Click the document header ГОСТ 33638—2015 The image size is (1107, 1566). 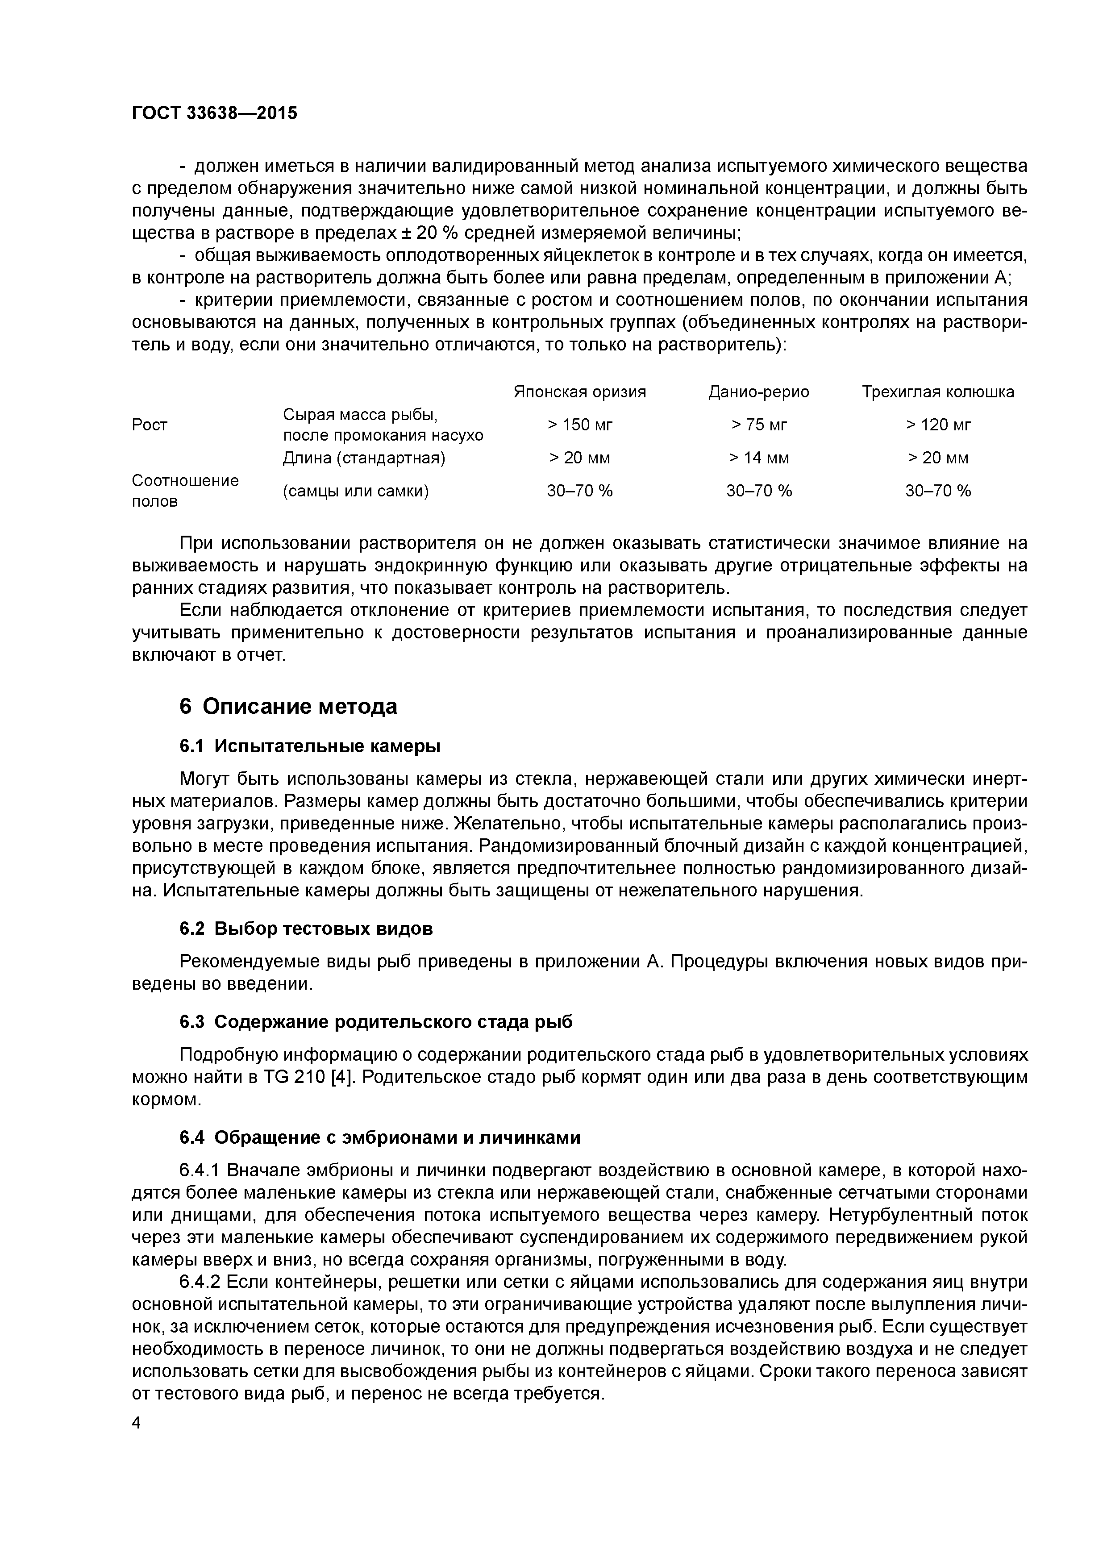point(214,112)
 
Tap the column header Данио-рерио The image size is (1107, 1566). point(758,392)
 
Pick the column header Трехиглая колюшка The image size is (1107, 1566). point(937,392)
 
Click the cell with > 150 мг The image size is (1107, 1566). point(580,425)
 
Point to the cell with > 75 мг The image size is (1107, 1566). point(758,425)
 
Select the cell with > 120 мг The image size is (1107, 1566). point(938,425)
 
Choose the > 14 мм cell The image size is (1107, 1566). point(758,458)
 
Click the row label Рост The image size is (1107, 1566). point(150,425)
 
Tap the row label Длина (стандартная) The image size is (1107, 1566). point(363,458)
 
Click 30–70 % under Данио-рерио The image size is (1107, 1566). point(758,491)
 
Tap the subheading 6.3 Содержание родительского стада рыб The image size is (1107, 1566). point(376,1022)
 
